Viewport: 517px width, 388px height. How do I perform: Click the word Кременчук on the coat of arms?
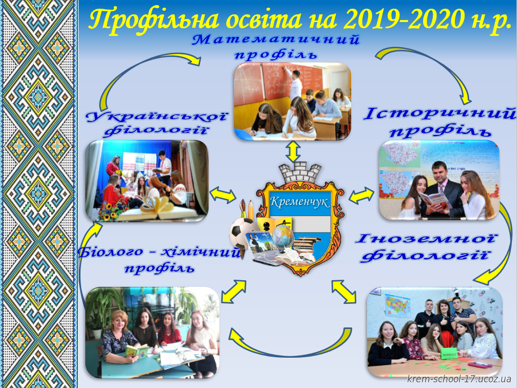(x=299, y=201)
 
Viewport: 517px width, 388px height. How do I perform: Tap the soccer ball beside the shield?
(x=242, y=234)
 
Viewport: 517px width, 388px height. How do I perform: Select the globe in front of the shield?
(x=282, y=237)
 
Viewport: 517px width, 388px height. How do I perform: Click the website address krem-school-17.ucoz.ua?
(x=459, y=378)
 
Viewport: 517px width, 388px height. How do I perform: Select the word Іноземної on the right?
(x=425, y=239)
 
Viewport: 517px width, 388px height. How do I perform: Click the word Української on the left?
(x=157, y=117)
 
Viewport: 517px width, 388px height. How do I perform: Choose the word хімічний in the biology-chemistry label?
(x=200, y=253)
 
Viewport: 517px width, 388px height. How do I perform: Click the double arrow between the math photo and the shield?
(x=293, y=151)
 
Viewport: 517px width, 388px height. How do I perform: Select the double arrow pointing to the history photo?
(x=362, y=195)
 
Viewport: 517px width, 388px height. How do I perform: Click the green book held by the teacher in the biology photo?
(x=137, y=351)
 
